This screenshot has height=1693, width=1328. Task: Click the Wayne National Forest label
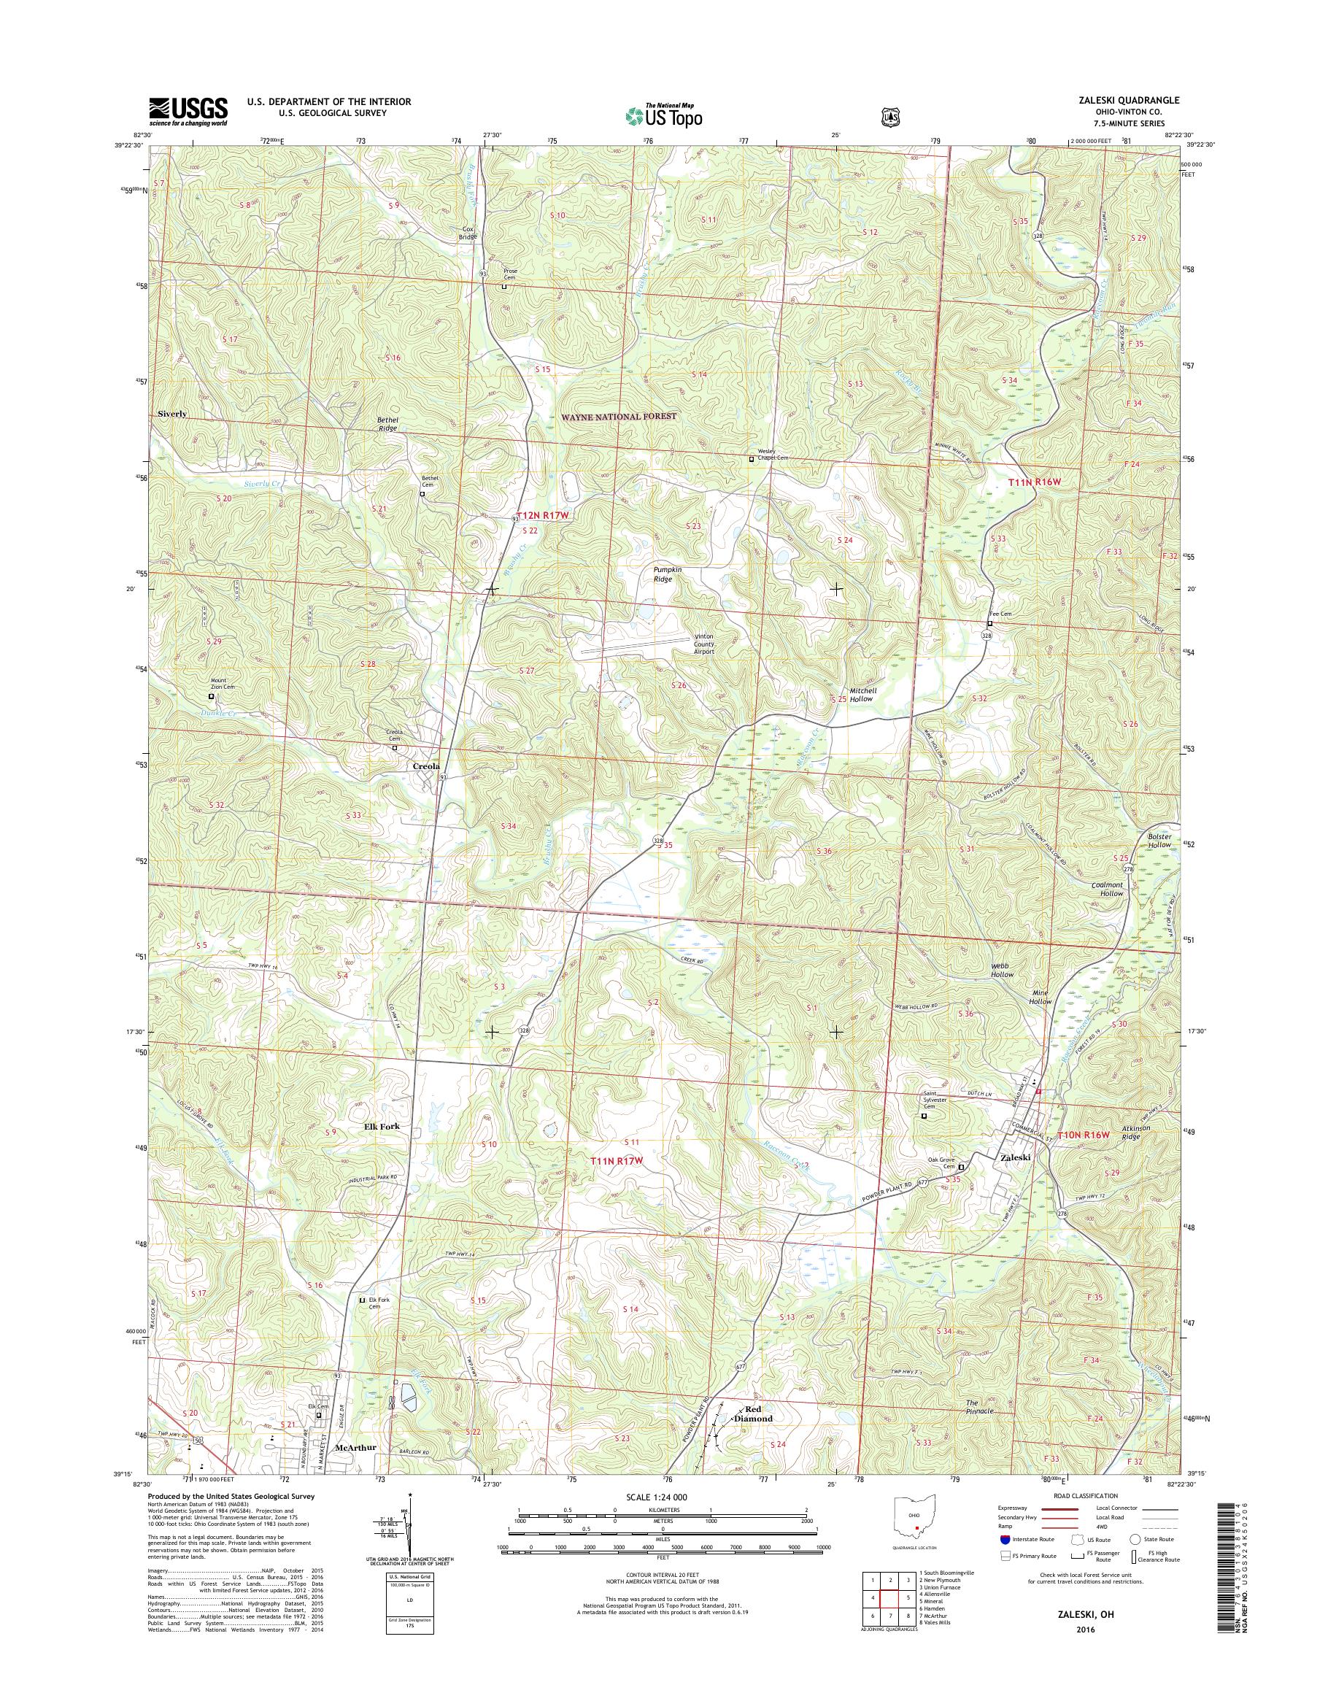(619, 417)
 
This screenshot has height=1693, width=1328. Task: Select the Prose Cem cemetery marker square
(503, 286)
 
